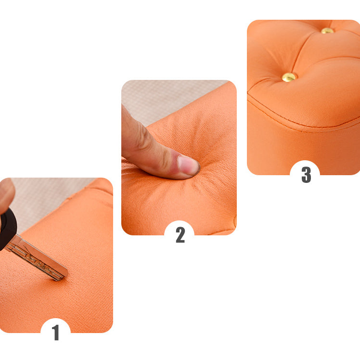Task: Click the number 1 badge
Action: pos(55,333)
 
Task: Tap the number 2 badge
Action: pos(180,235)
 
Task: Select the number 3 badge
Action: pos(306,174)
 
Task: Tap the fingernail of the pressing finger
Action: pos(188,165)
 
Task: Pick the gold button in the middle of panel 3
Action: pos(289,77)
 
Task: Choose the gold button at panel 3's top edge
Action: pos(327,31)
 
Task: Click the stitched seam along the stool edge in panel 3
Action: pos(298,126)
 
